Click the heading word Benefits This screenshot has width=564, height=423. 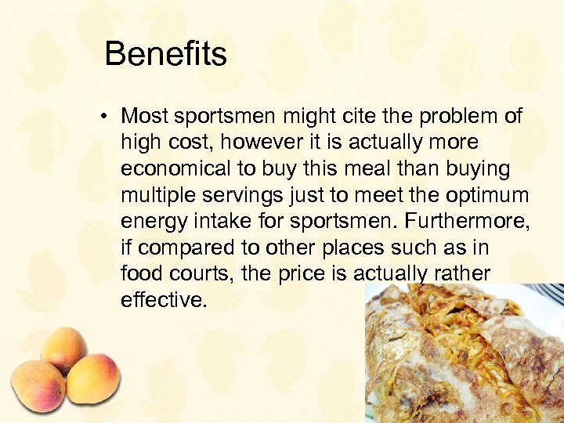pyautogui.click(x=165, y=54)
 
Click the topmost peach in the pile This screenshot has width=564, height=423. pyautogui.click(x=64, y=348)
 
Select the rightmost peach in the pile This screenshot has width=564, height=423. pyautogui.click(x=92, y=379)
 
